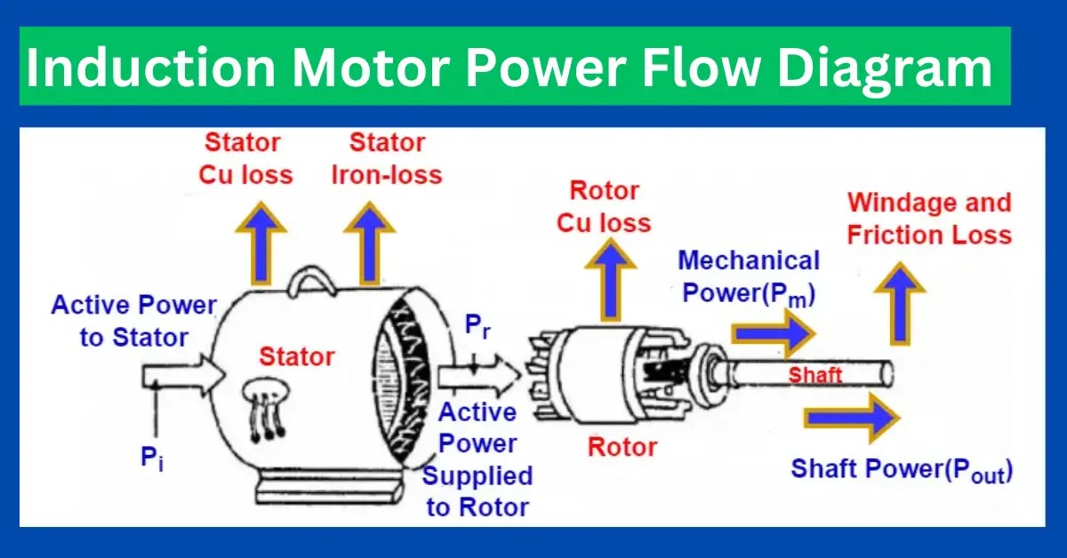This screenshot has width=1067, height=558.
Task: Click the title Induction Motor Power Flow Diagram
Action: tap(509, 68)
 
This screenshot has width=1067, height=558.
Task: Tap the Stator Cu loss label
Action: tap(245, 158)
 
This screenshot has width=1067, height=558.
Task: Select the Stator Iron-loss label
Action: tap(386, 158)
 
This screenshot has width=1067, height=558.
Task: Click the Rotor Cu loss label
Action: tap(604, 206)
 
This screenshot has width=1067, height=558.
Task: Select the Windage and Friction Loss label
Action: tap(928, 219)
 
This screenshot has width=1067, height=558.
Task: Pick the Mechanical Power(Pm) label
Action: tap(749, 276)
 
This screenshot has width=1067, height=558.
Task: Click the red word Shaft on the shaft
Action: tap(814, 374)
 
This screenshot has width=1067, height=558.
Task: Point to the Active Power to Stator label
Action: tap(133, 321)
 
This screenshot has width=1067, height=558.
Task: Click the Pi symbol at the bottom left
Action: tap(152, 458)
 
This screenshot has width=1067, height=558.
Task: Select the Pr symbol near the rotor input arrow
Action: tap(477, 327)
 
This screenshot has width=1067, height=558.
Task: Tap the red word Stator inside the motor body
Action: tap(296, 357)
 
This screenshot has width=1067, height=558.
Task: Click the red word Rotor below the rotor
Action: tap(623, 446)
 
